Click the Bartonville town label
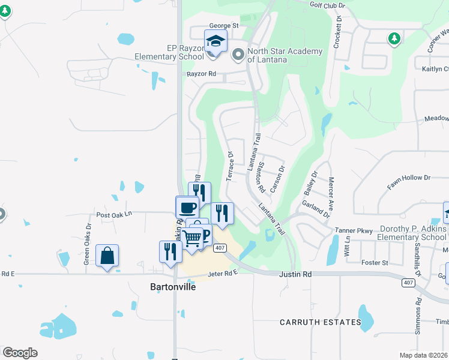[172, 286]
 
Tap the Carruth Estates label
[321, 322]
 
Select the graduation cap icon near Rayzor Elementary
[215, 41]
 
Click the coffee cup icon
[187, 208]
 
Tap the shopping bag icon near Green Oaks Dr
[107, 256]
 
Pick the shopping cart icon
[191, 238]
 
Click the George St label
[223, 26]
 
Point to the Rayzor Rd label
[205, 75]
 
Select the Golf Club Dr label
[327, 5]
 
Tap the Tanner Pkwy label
[354, 230]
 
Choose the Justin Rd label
[296, 274]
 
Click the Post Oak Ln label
[113, 214]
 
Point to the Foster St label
[376, 262]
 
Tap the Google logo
[20, 352]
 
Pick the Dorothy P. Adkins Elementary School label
[411, 233]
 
